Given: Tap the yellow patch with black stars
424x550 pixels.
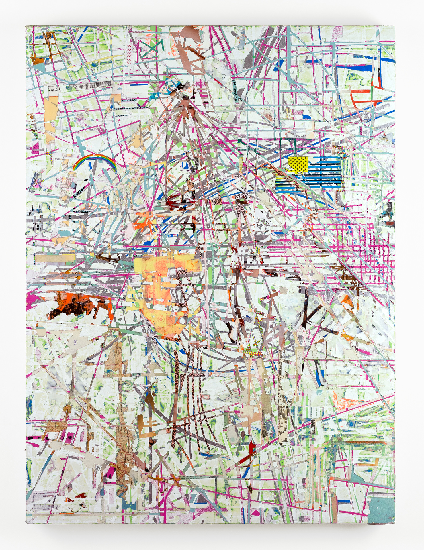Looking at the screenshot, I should tap(298, 163).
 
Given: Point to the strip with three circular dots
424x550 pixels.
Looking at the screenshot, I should tap(56, 90).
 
